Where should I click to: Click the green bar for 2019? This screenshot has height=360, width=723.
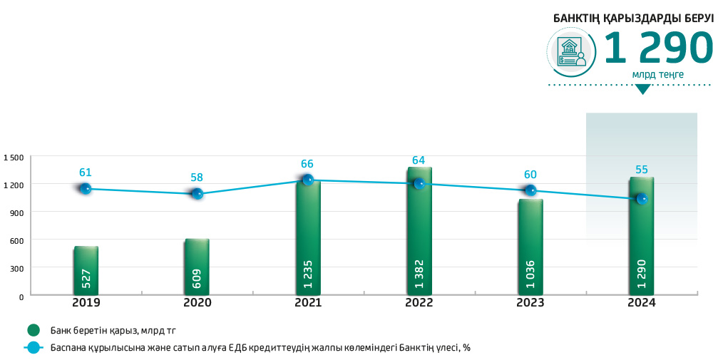(x=86, y=271)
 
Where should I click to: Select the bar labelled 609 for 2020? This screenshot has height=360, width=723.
(x=197, y=267)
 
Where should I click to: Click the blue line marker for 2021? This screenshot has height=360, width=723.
(x=308, y=180)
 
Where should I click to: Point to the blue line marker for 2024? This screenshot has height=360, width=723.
(x=642, y=199)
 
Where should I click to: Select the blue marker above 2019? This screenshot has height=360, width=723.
(x=86, y=188)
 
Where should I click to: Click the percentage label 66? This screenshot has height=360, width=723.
(x=308, y=164)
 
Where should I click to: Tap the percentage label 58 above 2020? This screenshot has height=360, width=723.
(x=197, y=176)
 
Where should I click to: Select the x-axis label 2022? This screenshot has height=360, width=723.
(x=419, y=302)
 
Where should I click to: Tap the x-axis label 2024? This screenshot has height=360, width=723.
(x=642, y=302)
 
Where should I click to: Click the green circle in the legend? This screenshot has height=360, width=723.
(x=33, y=330)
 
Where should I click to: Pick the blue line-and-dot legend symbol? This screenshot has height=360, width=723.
(x=33, y=348)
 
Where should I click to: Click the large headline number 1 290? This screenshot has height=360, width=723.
(x=658, y=49)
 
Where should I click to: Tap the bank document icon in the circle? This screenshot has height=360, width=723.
(x=570, y=52)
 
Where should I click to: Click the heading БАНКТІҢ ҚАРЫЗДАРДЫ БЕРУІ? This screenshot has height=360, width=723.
(x=634, y=19)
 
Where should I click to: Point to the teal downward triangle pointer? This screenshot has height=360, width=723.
(x=643, y=89)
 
